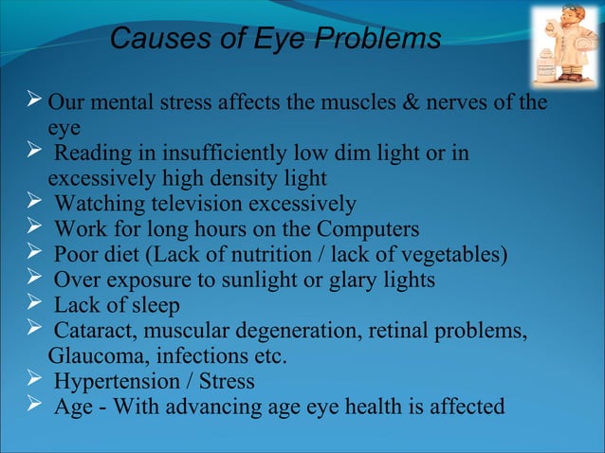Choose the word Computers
tap(368, 229)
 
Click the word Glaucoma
tap(90, 356)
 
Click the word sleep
tap(153, 306)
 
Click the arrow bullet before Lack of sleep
tap(35, 305)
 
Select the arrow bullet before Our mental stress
tap(35, 101)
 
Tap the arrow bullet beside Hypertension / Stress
tap(35, 381)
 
